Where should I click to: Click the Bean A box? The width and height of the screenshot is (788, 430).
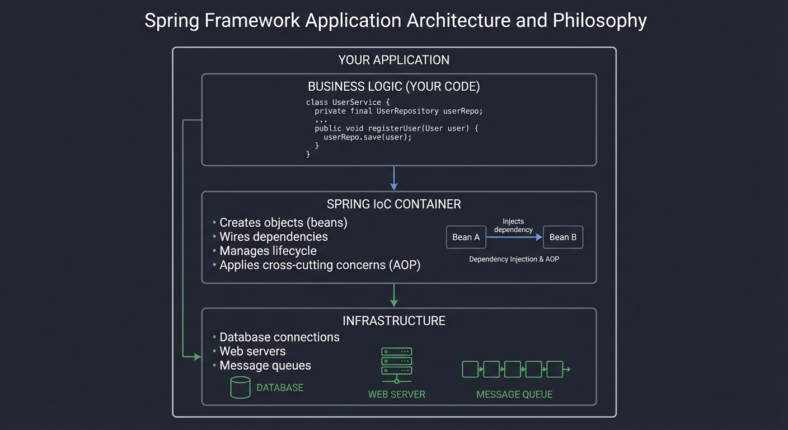pyautogui.click(x=466, y=237)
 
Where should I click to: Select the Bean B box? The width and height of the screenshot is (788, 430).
pyautogui.click(x=563, y=237)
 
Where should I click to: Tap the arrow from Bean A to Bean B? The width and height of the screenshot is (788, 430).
pyautogui.click(x=514, y=237)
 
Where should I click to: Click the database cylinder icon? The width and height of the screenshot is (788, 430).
pyautogui.click(x=240, y=387)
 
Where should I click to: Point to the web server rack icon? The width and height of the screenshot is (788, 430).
pyautogui.click(x=396, y=364)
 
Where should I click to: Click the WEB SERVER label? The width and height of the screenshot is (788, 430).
pyautogui.click(x=396, y=395)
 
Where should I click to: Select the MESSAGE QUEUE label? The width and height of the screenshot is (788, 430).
pyautogui.click(x=514, y=395)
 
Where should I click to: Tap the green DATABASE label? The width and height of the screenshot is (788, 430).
pyautogui.click(x=280, y=388)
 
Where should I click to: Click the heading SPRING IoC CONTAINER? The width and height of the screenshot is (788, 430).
pyautogui.click(x=393, y=204)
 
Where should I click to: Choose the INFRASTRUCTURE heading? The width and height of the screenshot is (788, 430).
pyautogui.click(x=393, y=321)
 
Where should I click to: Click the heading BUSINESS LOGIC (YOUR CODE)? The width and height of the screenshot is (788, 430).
pyautogui.click(x=393, y=87)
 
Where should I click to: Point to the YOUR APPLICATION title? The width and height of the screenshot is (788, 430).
pyautogui.click(x=393, y=60)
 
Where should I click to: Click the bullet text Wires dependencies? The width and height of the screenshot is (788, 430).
pyautogui.click(x=273, y=237)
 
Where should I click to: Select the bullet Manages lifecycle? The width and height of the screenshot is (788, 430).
pyautogui.click(x=268, y=251)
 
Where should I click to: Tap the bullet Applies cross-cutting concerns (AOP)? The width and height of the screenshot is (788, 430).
pyautogui.click(x=320, y=265)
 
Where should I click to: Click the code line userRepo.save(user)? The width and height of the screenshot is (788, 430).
pyautogui.click(x=367, y=137)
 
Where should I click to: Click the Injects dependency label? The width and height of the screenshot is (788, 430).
pyautogui.click(x=513, y=226)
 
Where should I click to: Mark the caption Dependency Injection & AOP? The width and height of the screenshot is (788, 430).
pyautogui.click(x=514, y=259)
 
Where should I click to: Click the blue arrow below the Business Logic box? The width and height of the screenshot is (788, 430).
pyautogui.click(x=393, y=178)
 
